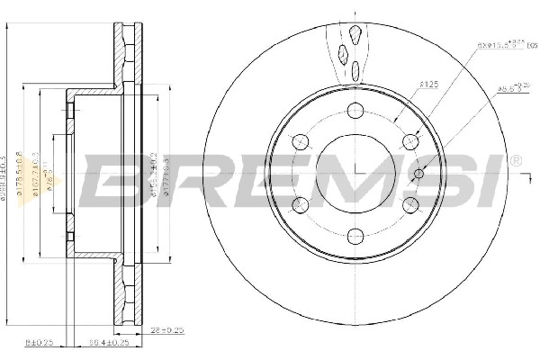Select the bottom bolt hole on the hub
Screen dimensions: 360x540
point(355,236)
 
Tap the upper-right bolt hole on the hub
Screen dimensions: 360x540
point(410,140)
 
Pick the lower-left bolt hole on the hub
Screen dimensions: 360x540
point(301,203)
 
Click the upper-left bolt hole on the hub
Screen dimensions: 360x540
point(301,140)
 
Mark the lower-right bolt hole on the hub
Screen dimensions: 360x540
point(410,203)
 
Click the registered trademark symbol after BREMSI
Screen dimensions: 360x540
point(514,161)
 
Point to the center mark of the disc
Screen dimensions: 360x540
point(355,172)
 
